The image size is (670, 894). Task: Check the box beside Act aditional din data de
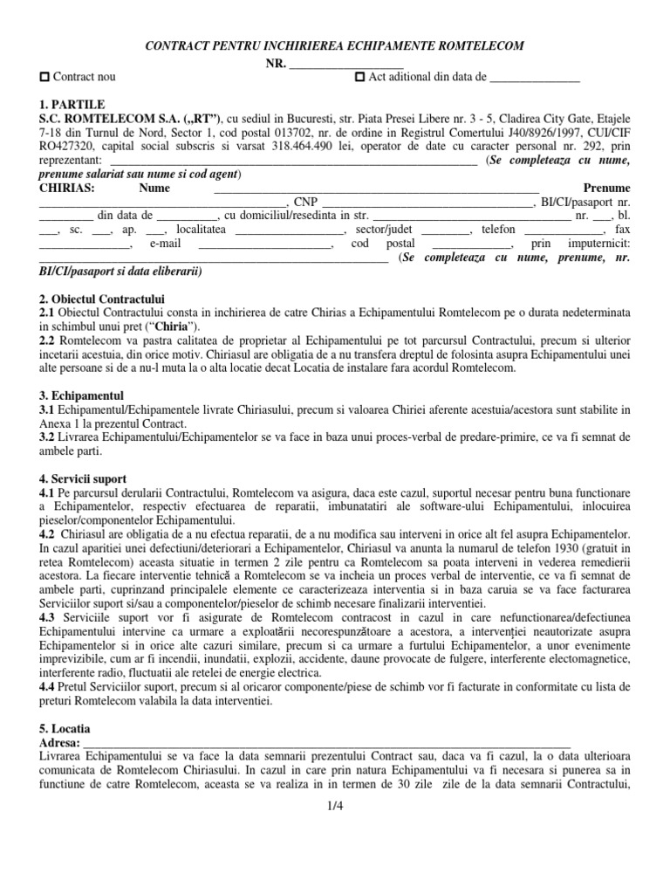tap(360, 78)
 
